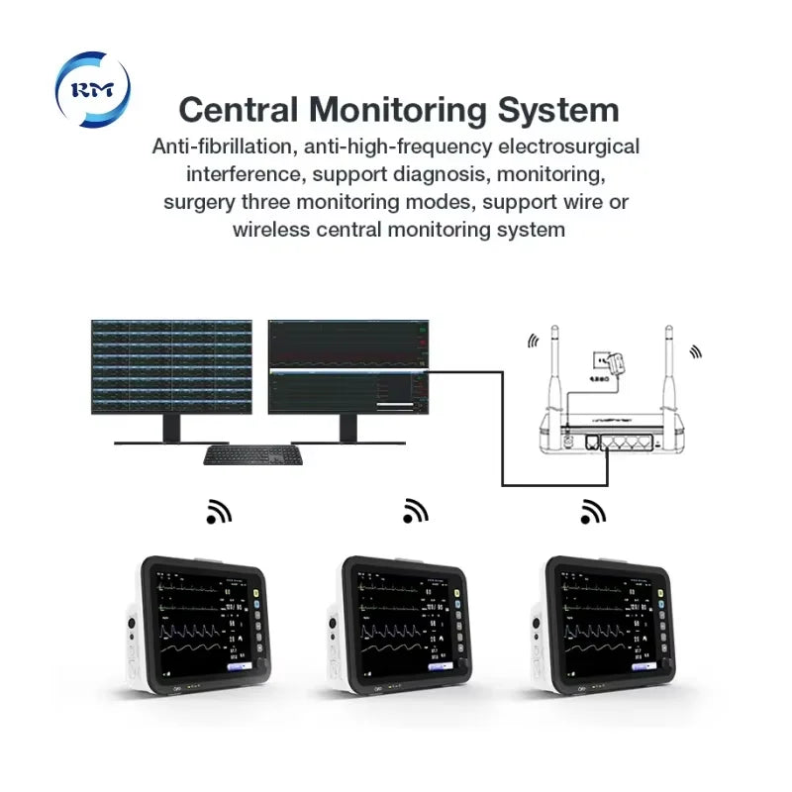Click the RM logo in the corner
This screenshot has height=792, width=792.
point(92,88)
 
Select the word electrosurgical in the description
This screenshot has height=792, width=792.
point(567,147)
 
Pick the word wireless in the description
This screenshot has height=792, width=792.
point(271,230)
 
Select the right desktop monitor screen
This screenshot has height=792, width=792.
point(349,365)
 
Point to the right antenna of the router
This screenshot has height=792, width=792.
point(668,371)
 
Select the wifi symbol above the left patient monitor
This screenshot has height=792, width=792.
point(218,511)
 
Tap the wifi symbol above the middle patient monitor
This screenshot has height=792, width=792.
point(415,511)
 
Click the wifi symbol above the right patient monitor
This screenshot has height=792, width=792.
point(592,511)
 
